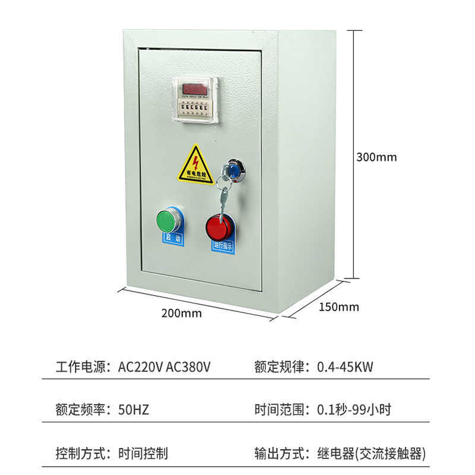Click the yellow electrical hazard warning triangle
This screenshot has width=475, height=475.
point(196,163)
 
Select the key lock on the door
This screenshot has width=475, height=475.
point(233,168)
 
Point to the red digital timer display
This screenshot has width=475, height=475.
point(194,88)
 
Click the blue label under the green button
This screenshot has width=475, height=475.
point(173,238)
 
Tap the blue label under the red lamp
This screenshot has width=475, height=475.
point(224,245)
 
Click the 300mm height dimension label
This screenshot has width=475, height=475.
point(376,157)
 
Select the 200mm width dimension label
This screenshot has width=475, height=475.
point(181,313)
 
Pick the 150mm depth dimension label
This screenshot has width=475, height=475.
point(339,307)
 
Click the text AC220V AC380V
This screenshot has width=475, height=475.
point(164,366)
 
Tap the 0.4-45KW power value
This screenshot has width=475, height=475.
point(344,366)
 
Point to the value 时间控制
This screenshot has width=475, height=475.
point(143,454)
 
